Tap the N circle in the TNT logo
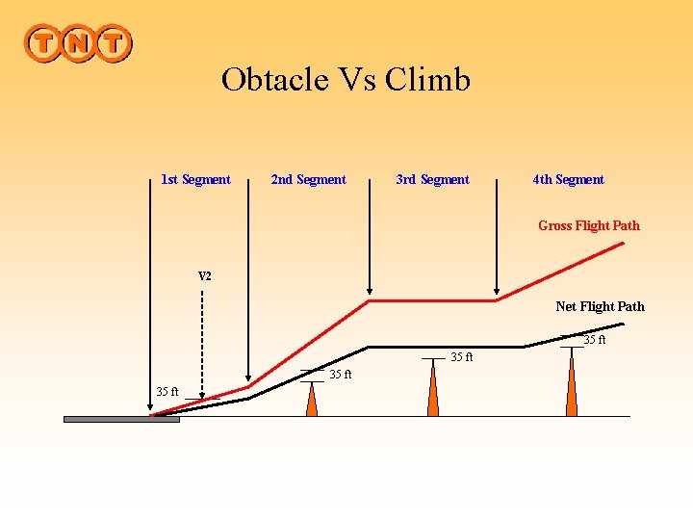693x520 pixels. pos(78,43)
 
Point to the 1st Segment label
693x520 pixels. pos(195,179)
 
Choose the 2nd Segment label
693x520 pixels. pos(308,179)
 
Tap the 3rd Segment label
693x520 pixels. pos(432,179)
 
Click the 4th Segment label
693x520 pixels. pos(568,179)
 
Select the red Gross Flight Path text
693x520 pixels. pos(588,225)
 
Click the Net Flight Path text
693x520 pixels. pos(600,306)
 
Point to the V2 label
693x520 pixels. pos(205,276)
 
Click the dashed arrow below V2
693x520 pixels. pos(202,347)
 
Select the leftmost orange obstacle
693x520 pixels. pos(311,399)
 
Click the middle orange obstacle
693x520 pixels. pos(433,390)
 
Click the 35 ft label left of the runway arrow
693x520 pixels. pos(167,391)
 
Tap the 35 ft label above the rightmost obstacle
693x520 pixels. pos(595,340)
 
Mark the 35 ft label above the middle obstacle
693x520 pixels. pos(462,357)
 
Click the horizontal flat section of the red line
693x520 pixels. pos(433,300)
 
